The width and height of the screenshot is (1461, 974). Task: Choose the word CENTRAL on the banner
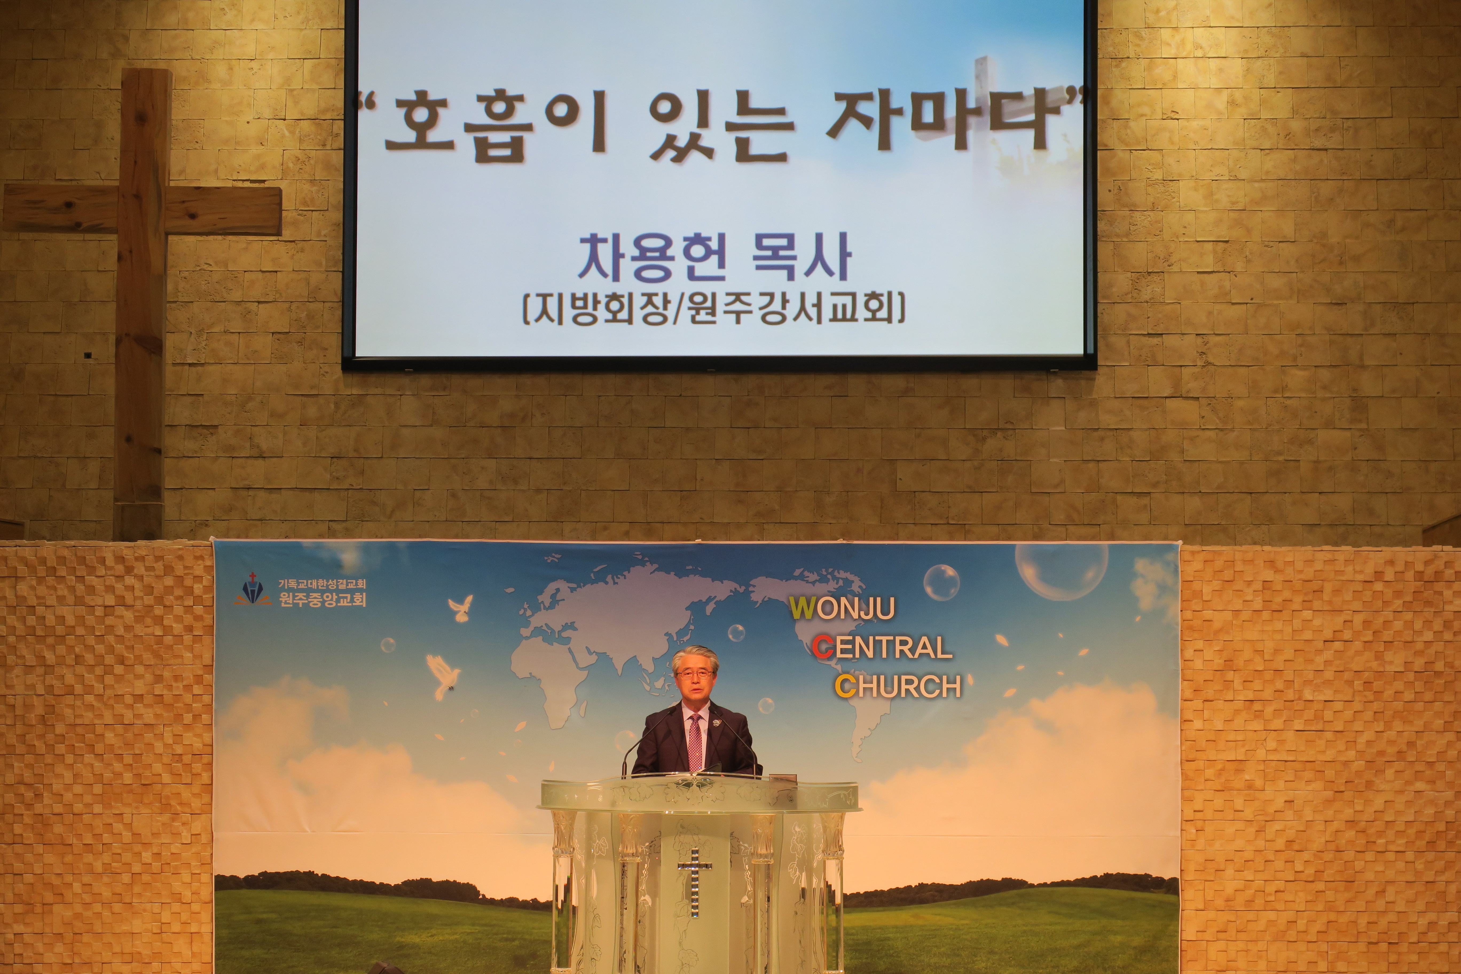882,648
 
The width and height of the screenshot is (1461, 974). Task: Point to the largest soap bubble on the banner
1061,570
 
